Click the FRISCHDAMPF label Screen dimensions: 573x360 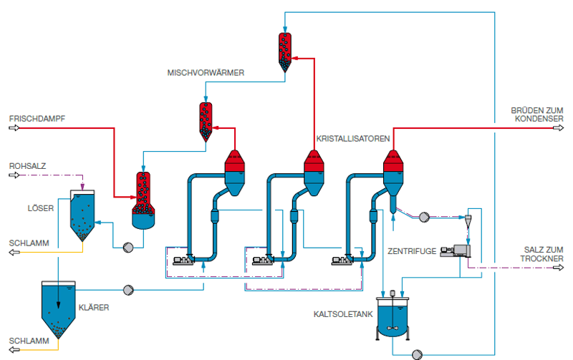tap(37, 119)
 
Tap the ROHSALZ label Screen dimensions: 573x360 tap(27, 166)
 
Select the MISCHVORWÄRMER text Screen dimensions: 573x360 tap(206, 73)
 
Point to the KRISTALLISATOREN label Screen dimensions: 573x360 tap(353, 139)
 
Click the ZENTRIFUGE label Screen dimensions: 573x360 tap(412, 251)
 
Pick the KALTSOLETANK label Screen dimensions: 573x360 tap(343, 314)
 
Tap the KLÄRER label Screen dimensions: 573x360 tap(94, 308)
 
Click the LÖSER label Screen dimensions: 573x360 tap(41, 208)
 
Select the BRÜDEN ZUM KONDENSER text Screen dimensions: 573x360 tap(537, 115)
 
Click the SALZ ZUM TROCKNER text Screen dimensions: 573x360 tap(542, 254)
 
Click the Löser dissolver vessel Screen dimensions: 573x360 tap(82, 215)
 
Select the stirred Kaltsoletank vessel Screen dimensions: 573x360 tap(393, 316)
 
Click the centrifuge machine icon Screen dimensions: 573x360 tap(456, 250)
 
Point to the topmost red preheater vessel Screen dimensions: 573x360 tap(285, 52)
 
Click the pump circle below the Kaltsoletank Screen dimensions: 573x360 tap(417, 354)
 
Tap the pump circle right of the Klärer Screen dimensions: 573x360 tap(128, 291)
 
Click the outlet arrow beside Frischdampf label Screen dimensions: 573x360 tap(14, 128)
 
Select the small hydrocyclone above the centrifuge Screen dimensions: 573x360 tap(468, 221)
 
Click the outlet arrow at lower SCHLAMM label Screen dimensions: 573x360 tap(14, 350)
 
